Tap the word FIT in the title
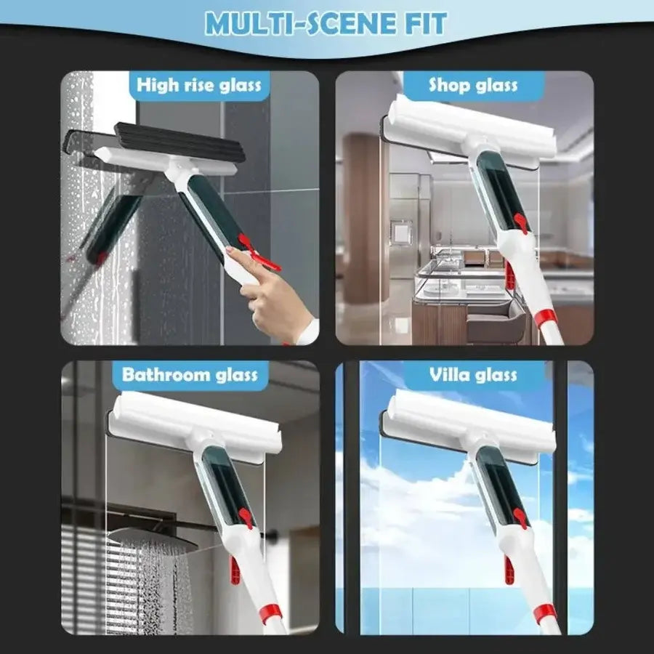click(x=421, y=23)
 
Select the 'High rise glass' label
click(x=198, y=85)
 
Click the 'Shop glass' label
click(x=473, y=85)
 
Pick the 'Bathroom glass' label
click(x=190, y=375)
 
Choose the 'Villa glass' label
click(x=473, y=375)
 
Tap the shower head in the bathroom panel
click(x=142, y=538)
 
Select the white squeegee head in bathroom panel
click(x=193, y=429)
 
